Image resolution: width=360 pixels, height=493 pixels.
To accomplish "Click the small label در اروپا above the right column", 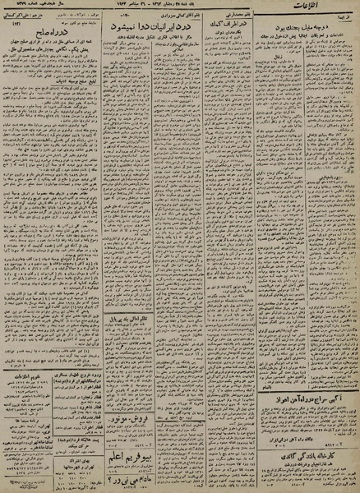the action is (341, 38).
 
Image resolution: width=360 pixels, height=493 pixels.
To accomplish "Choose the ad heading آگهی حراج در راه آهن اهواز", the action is (307, 400).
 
